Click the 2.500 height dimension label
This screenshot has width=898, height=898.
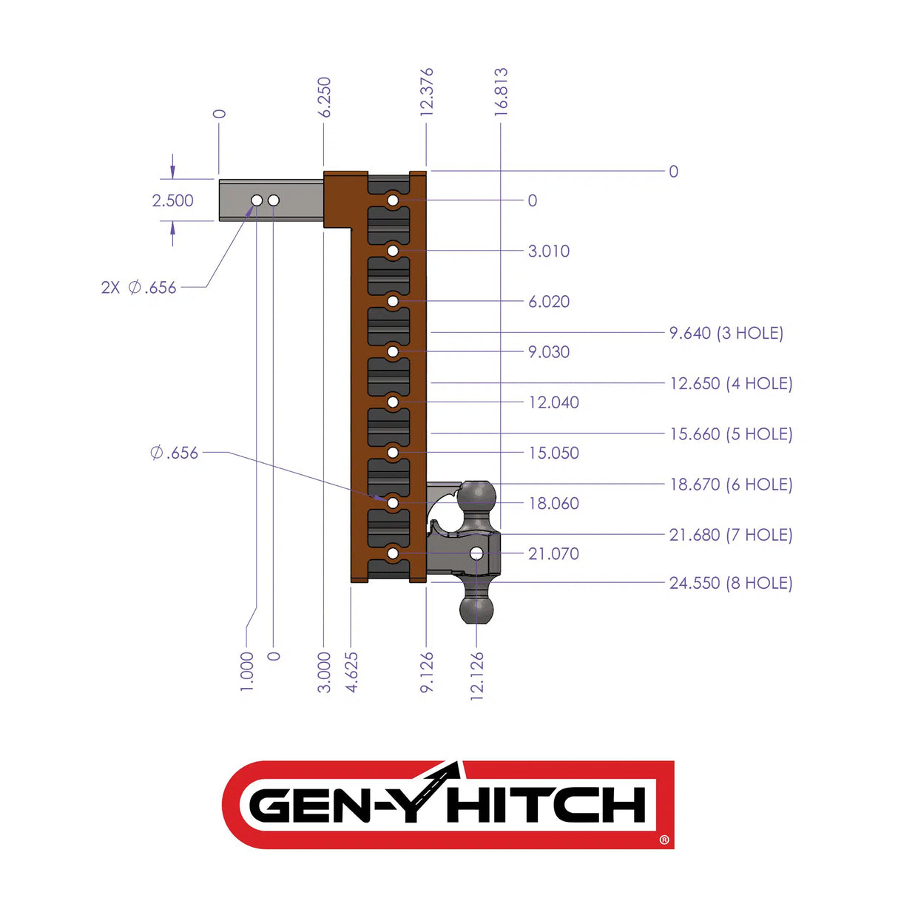[172, 200]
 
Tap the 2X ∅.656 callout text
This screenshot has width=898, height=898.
[139, 288]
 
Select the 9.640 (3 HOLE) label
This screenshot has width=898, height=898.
[726, 333]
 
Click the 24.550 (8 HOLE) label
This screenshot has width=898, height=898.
[730, 583]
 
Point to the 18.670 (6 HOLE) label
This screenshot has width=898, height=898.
[730, 485]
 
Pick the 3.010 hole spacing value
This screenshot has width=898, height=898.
[549, 251]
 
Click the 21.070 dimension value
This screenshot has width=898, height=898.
[553, 553]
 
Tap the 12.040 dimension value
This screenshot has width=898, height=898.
[553, 402]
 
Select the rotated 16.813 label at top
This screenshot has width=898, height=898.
[501, 90]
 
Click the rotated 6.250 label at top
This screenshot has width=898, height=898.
[324, 97]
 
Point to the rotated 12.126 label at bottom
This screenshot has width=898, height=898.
[477, 676]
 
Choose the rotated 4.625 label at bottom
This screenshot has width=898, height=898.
[351, 672]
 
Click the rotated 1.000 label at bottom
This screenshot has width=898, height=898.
[247, 672]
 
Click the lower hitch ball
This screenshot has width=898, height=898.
[476, 610]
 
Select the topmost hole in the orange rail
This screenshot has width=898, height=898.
[393, 200]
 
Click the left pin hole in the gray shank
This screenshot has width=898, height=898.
[257, 200]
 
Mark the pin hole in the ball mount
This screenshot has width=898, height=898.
[476, 553]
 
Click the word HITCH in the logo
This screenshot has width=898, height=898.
[547, 806]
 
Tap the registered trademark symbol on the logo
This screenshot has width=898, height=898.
[664, 840]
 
